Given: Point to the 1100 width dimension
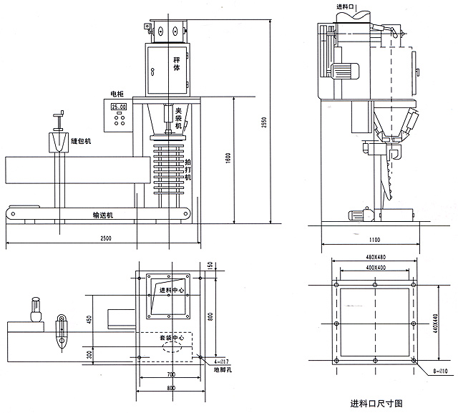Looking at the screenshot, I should point(374,239).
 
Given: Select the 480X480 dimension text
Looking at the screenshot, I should point(375,258).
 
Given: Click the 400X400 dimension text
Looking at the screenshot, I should point(375,267).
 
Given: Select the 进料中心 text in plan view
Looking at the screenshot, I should point(171,290).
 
